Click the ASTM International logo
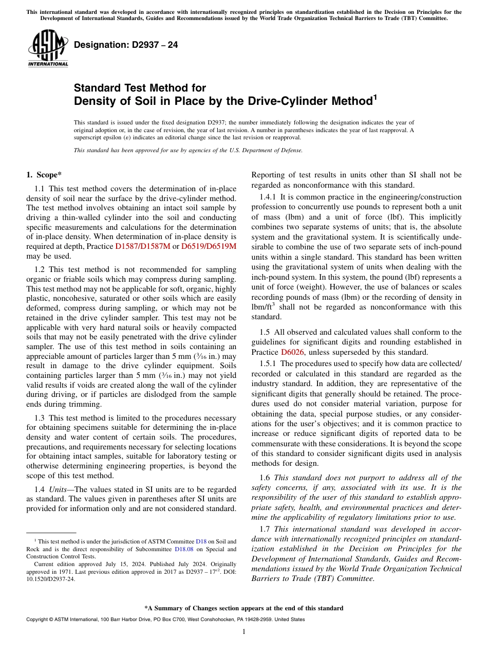pos(47,49)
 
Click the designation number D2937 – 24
pos(126,45)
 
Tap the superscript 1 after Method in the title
pos(374,96)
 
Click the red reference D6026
pos(292,352)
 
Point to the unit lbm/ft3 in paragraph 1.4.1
pos(263,307)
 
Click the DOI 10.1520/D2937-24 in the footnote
pos(47,578)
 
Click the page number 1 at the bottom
pos(244,631)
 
